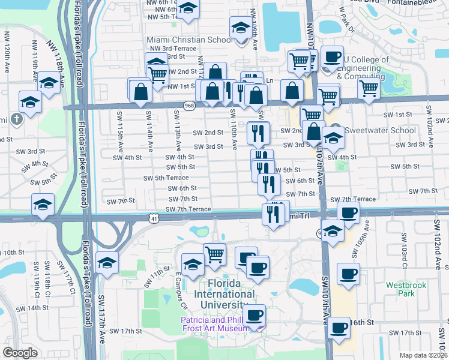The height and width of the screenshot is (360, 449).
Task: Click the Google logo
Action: click(20, 353)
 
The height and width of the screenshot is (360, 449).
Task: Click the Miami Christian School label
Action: click(182, 40)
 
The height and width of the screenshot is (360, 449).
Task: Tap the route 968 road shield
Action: click(190, 106)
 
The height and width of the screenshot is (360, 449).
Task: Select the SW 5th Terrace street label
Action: click(166, 178)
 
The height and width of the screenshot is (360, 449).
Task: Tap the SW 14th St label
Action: click(32, 308)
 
